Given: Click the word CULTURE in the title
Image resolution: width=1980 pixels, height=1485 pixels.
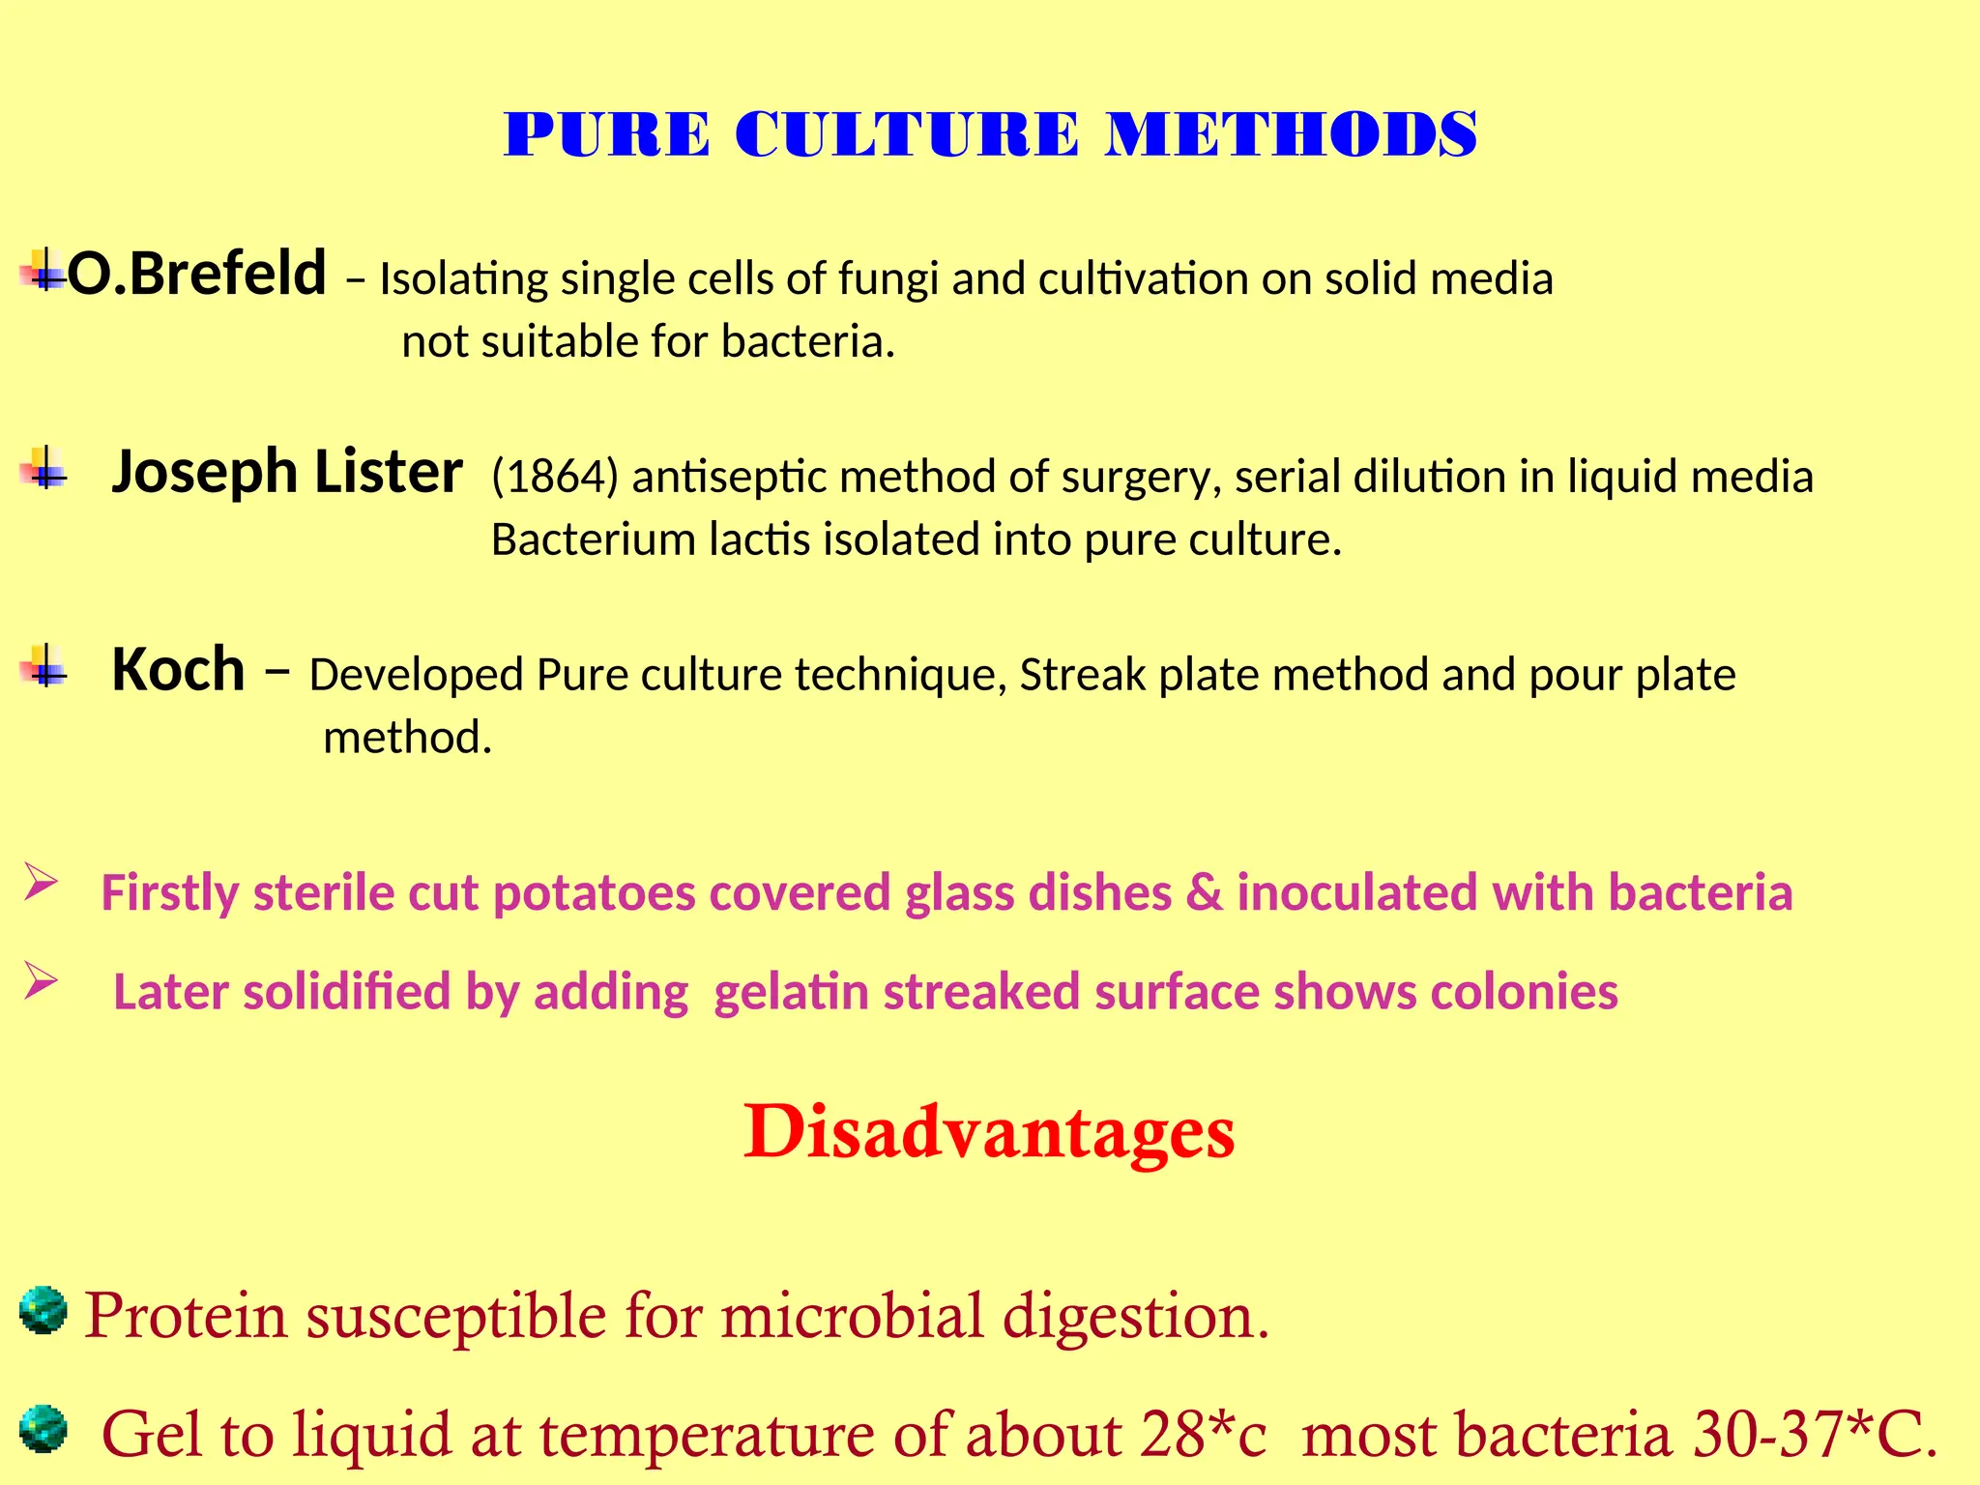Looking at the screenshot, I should [x=907, y=134].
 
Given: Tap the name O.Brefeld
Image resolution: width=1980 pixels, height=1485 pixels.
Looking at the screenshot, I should [x=196, y=274].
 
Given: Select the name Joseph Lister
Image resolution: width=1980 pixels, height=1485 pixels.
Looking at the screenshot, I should [x=286, y=473].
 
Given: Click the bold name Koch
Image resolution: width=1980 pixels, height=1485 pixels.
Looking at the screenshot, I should [x=178, y=670].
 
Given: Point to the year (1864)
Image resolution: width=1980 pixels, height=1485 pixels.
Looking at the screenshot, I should [x=554, y=477].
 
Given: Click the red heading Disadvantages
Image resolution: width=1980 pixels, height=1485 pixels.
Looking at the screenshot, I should [x=989, y=1131].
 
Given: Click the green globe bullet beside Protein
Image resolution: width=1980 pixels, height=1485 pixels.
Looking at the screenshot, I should [x=43, y=1311].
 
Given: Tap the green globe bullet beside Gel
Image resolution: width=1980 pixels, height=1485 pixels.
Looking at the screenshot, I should [x=43, y=1430].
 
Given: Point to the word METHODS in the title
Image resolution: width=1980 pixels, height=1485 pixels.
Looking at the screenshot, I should [x=1292, y=134].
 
